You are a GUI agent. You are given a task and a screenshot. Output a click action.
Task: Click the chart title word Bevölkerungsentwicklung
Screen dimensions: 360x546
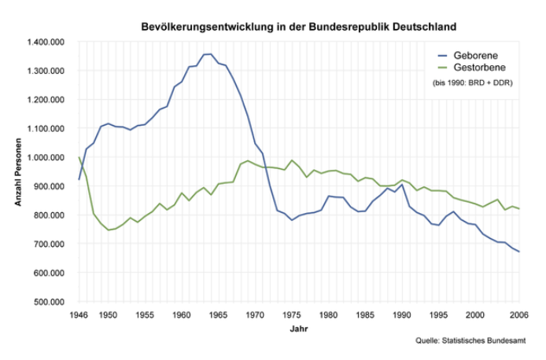coord(201,27)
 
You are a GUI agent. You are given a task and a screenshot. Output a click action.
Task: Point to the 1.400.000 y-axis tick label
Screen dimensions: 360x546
coord(46,42)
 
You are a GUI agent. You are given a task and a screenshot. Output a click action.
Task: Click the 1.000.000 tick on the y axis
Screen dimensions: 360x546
coord(46,157)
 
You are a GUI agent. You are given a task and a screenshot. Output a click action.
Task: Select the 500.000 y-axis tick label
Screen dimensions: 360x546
coord(50,302)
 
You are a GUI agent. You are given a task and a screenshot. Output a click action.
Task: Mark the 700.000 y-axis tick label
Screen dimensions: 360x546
coord(50,244)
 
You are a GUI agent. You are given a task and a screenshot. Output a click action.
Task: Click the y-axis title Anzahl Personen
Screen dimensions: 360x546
coord(18,171)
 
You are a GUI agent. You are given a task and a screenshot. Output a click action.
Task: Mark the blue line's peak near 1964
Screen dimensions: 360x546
coord(209,54)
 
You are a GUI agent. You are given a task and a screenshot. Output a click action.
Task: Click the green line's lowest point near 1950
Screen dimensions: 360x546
coord(108,230)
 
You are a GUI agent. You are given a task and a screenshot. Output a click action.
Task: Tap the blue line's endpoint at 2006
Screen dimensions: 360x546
coord(519,252)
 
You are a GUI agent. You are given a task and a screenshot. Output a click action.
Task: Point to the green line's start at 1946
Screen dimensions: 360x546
coord(79,157)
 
